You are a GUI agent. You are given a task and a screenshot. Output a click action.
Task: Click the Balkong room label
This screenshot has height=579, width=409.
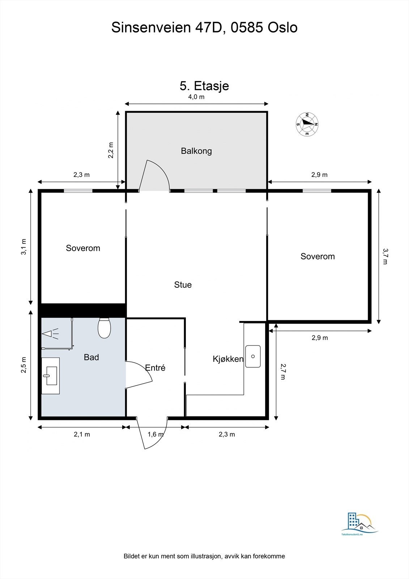196,151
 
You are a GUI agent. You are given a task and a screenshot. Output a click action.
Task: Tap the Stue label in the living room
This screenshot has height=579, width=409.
183,285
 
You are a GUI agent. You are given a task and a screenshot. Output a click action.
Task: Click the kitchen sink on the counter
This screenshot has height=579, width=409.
253,356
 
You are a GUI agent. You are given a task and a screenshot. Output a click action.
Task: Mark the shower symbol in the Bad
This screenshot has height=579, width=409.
50,333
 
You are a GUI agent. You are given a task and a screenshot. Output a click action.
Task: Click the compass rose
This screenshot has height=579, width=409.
307,124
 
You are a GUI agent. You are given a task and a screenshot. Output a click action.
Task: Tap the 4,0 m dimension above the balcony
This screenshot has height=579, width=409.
196,97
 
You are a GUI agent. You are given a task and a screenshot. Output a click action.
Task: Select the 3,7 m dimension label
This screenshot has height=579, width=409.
385,256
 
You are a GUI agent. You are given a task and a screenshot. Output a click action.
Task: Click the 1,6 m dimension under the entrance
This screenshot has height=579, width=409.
155,434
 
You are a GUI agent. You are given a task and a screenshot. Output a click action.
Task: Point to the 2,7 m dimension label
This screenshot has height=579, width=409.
283,371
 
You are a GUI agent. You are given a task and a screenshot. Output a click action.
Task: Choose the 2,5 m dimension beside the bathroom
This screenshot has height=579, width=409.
24,365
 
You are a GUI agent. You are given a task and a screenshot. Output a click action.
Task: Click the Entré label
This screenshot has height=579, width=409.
155,368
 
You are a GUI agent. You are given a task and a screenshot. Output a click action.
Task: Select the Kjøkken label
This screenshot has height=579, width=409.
228,359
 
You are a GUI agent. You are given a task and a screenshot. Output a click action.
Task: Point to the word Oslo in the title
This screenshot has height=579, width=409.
282,28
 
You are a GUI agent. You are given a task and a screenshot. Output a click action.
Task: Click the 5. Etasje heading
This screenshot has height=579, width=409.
204,86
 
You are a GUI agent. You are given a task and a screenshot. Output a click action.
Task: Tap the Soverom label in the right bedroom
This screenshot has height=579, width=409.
318,257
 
